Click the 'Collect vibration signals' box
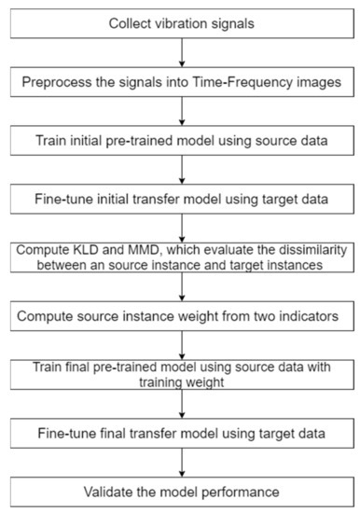(x=179, y=22)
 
